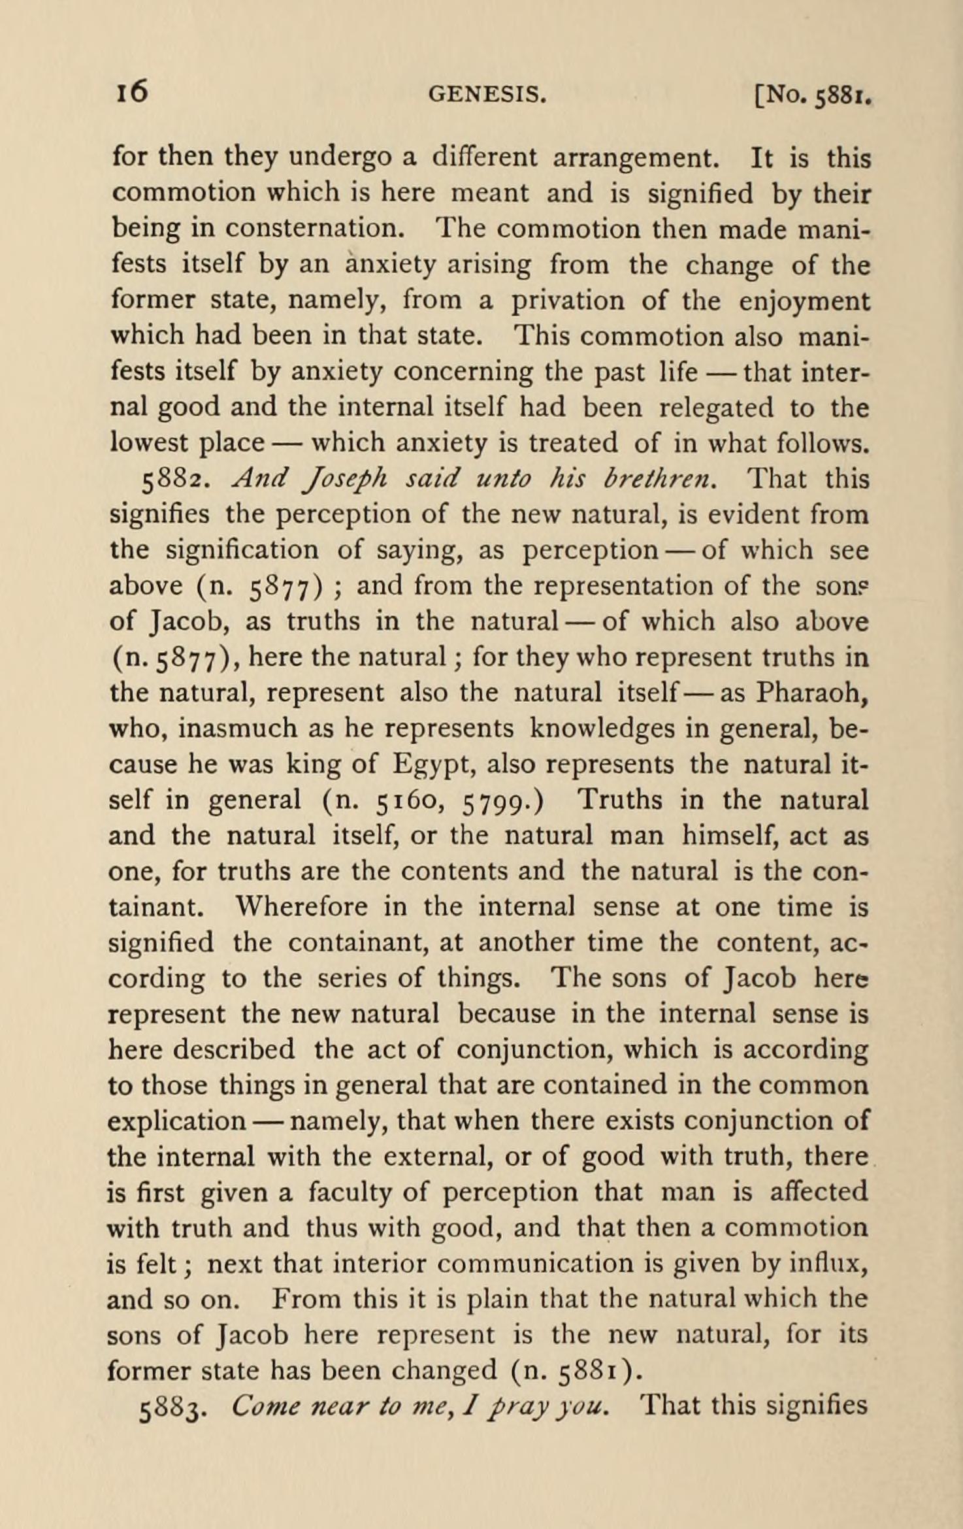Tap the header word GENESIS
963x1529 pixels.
pyautogui.click(x=487, y=95)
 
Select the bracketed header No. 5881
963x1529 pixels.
pyautogui.click(x=813, y=96)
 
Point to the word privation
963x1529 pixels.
pyautogui.click(x=566, y=301)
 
